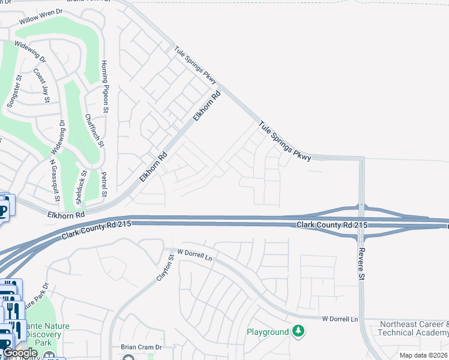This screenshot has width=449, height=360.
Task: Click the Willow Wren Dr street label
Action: coord(40,16)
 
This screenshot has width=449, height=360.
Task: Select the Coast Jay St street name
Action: coord(41,86)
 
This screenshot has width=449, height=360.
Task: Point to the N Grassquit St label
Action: coord(55,180)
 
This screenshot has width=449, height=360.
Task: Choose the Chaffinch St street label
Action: coord(94,131)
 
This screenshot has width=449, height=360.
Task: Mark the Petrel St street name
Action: coord(104,185)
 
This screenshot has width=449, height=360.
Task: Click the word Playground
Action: coord(268,332)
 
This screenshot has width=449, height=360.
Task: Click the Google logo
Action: coord(20,353)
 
